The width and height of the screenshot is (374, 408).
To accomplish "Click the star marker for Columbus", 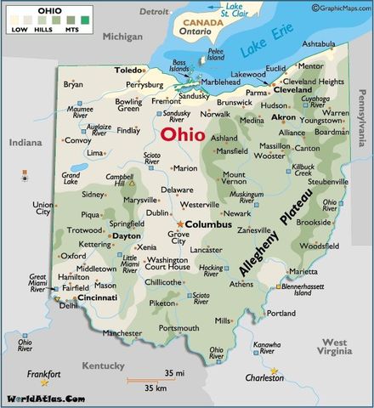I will coord(180,224).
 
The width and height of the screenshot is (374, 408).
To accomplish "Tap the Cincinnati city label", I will coord(98,298).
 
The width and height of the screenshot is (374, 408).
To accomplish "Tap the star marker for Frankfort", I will coord(44,382).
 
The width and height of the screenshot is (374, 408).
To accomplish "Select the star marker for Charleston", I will coord(275,371).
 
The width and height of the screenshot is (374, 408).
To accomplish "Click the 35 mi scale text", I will coord(175,373).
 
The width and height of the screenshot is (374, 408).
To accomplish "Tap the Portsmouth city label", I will coord(178,328).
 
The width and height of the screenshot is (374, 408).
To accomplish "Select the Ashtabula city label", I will coord(319,43).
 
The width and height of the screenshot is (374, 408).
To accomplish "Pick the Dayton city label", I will coord(127,235).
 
